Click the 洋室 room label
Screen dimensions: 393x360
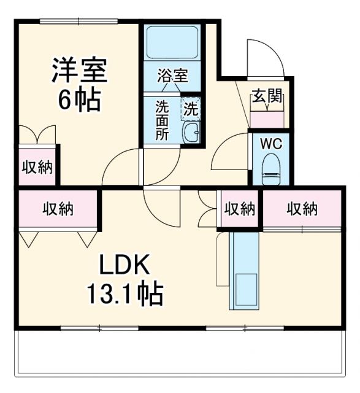coord(79,71)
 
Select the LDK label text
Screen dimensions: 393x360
coord(124,267)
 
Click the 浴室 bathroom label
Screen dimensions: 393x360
coord(172,77)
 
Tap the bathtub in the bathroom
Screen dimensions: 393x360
coord(172,46)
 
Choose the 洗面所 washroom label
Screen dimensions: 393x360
coord(161,120)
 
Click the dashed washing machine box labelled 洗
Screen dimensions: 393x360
coord(191,111)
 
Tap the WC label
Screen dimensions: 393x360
coord(270,145)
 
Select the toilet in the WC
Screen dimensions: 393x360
coord(270,169)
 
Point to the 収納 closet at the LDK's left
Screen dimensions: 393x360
coord(58,209)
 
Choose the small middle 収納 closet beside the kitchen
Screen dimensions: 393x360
coord(239,209)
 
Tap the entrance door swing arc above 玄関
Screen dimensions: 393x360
coord(262,58)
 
